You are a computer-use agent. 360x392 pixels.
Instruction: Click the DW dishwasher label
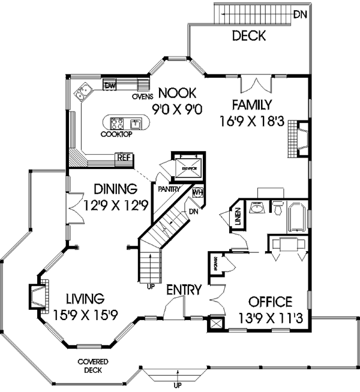(110, 86)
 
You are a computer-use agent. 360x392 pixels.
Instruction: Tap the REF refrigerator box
(124, 158)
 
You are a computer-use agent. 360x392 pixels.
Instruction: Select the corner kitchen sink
(82, 93)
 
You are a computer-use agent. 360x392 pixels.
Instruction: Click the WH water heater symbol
(198, 193)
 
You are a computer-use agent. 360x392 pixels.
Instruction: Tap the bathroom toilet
(277, 207)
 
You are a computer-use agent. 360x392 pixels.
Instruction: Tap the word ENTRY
(184, 290)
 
